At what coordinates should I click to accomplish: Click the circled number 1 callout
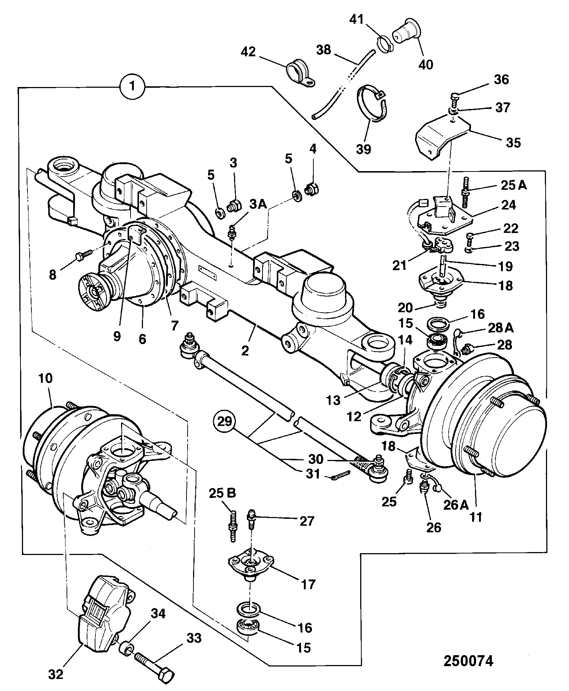(132, 87)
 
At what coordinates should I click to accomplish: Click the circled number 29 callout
(225, 422)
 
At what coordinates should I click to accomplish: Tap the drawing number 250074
(468, 661)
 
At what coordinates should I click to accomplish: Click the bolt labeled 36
(453, 97)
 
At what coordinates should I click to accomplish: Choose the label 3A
(258, 204)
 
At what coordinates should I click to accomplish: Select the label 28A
(501, 328)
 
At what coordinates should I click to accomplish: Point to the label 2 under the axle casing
(245, 351)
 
